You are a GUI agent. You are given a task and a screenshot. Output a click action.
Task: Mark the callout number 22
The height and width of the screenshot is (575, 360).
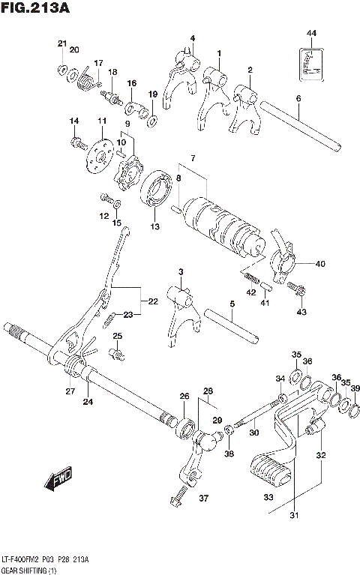point(152,301)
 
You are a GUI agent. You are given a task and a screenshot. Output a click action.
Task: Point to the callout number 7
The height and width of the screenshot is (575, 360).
point(192,159)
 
